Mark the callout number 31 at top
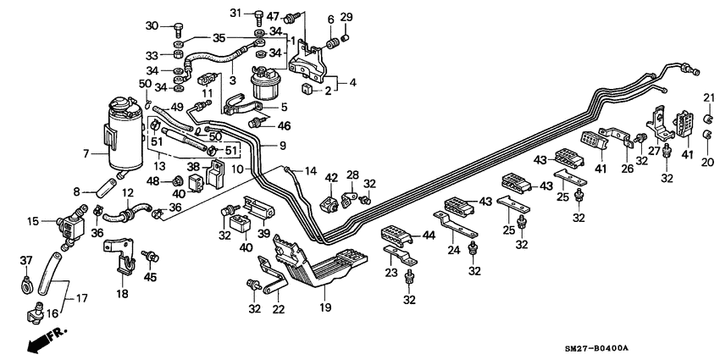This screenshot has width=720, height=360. pos(236,13)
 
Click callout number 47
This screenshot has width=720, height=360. pos(272,16)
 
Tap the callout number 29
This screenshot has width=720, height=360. pos(346,17)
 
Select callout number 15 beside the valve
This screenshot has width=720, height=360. pos(33,221)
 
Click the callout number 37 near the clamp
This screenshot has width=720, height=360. pos(25,260)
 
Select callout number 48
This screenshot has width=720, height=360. pos(153,180)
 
